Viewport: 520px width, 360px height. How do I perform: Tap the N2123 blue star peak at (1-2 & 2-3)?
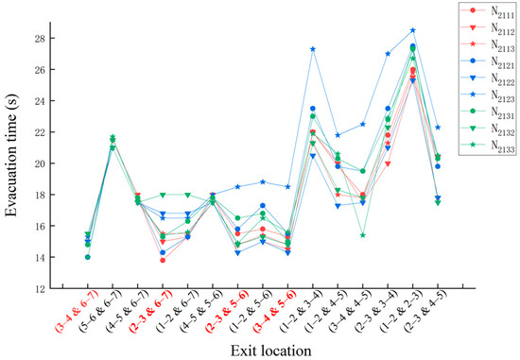click(412, 30)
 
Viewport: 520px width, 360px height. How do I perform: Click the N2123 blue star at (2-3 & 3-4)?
click(388, 54)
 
